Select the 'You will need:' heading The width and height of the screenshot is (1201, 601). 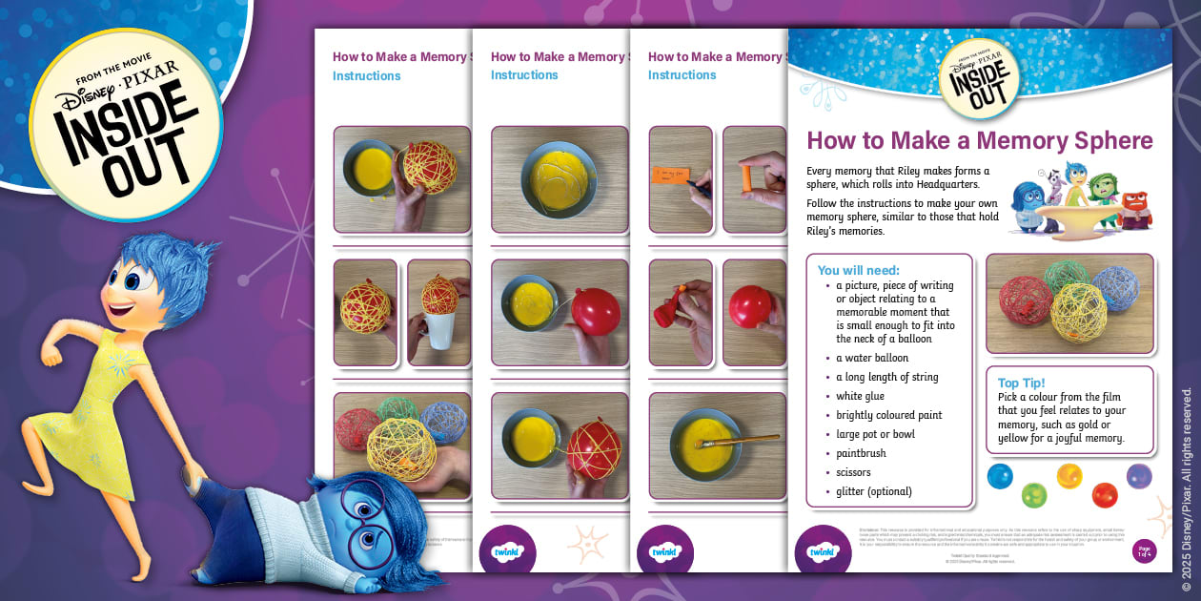click(x=858, y=270)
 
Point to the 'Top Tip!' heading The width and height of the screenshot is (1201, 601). click(x=1021, y=383)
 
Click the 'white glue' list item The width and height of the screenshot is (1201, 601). click(x=860, y=396)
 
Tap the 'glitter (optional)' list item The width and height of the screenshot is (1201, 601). click(x=873, y=491)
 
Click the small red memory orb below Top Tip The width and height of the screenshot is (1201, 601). click(x=1104, y=494)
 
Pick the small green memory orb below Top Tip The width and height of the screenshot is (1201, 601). click(x=1033, y=494)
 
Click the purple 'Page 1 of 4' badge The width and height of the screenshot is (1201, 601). click(x=1144, y=551)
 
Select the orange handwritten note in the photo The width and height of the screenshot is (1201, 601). click(x=677, y=175)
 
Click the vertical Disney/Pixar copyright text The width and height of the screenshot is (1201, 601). click(x=1187, y=487)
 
